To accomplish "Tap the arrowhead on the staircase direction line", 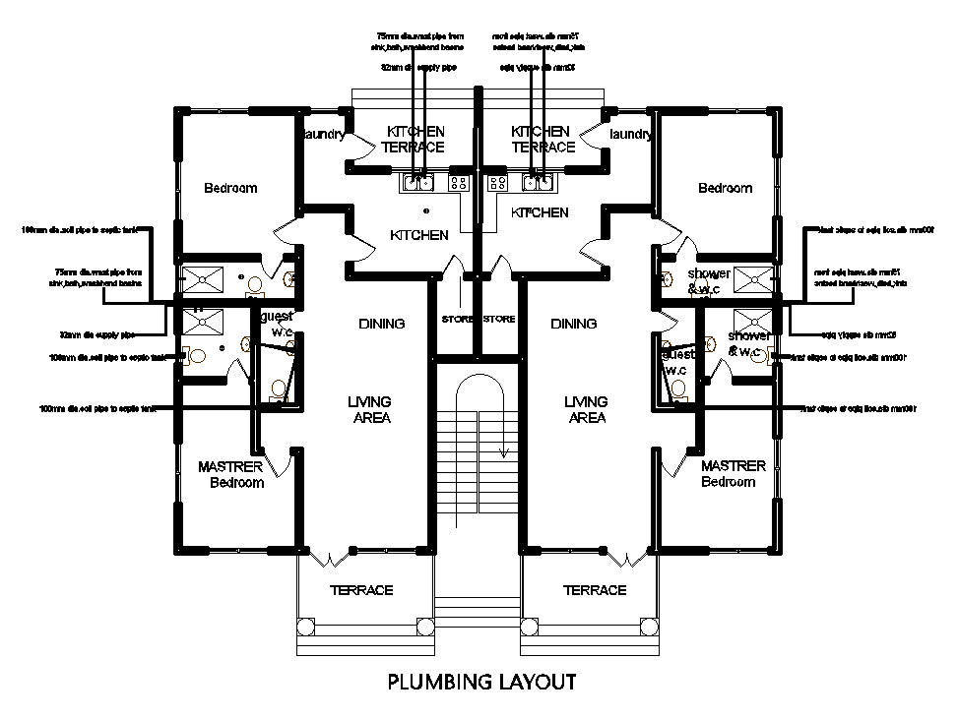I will point(503,452).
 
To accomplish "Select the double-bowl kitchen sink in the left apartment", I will point(418,182).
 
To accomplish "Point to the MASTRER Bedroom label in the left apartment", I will point(230,474).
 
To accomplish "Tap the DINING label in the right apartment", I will point(574,324).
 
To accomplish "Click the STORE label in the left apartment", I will point(458,320).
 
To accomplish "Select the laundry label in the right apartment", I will point(630,135).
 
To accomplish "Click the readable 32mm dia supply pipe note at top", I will point(418,68).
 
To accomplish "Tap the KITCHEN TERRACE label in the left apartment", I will point(414,139).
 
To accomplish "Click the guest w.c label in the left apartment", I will point(277,325).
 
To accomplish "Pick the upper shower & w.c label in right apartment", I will point(709,280).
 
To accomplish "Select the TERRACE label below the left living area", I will point(361,590).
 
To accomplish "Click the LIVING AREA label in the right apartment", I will point(587,409).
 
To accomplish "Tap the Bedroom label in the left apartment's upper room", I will point(230,188).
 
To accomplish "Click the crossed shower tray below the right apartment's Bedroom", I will point(753,278).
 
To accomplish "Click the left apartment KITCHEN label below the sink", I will point(419,235).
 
